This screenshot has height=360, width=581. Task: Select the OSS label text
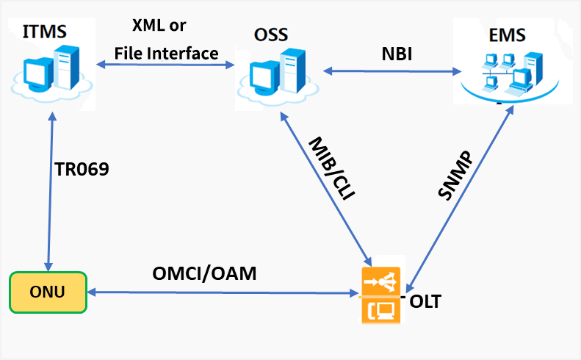click(272, 35)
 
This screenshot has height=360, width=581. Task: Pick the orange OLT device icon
click(379, 296)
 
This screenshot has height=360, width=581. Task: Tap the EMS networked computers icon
click(503, 73)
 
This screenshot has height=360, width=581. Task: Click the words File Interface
click(166, 54)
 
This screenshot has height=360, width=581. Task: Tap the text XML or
click(159, 26)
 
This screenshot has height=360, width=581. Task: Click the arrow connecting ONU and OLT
click(220, 294)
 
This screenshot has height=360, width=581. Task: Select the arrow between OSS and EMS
click(392, 71)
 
